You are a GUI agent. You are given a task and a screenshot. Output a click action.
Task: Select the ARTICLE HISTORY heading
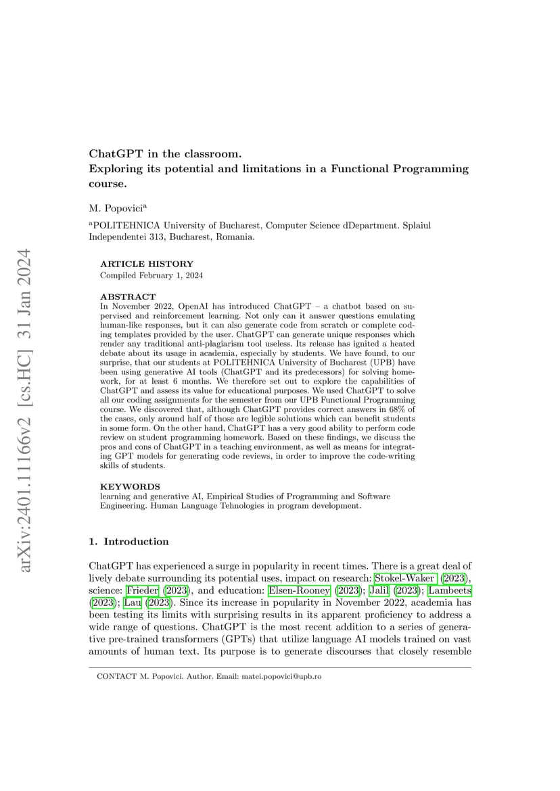146,264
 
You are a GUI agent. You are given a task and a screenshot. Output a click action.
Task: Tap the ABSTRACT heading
128,297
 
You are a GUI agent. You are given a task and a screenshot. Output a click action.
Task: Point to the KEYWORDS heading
130,486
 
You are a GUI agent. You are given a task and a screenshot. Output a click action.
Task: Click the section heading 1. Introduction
129,542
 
